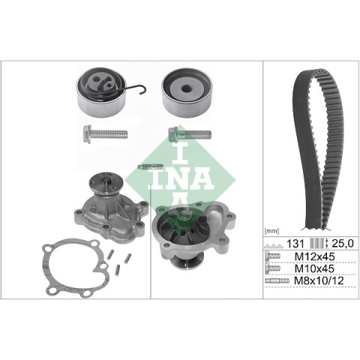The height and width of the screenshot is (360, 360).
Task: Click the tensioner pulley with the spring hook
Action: pos(101,92)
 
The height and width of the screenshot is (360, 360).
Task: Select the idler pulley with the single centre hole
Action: pos(187,93)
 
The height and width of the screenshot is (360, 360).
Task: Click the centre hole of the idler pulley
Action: pos(187,88)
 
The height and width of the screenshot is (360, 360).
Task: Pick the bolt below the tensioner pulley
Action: pos(105,134)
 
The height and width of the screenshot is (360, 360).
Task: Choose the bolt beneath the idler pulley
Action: pos(190,134)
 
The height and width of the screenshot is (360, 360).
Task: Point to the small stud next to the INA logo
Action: pos(151,166)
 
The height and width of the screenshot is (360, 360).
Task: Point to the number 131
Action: pos(295,244)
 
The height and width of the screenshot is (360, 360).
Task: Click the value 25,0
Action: pos(343,244)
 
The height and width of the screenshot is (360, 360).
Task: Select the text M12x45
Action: pos(314,256)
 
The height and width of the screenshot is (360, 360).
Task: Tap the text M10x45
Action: pos(314,268)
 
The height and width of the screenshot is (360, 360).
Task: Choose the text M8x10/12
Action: pos(319,280)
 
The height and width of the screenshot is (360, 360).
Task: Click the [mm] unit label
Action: pos(271,232)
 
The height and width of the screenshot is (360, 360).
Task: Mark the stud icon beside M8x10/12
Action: pos(277,281)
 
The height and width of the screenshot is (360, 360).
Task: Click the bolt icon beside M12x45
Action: pos(273,256)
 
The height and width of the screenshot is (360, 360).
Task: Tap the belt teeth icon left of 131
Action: pos(274,245)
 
